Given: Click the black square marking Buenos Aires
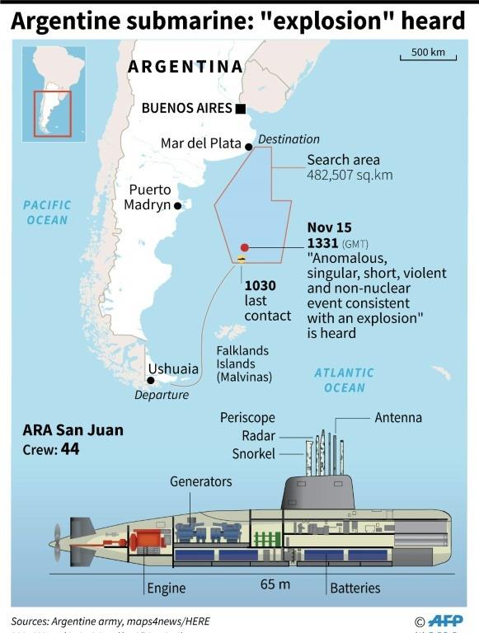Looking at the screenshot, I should (x=240, y=108).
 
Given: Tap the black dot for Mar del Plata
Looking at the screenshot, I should (x=249, y=148).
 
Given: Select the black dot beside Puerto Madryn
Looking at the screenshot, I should (x=177, y=205).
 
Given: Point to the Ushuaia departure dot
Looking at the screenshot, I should (x=150, y=380).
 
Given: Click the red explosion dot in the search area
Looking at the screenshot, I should (x=244, y=247).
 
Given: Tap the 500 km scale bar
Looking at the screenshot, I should (x=428, y=58).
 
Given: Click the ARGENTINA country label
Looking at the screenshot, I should (x=185, y=67).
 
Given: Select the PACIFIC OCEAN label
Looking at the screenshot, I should (x=47, y=212).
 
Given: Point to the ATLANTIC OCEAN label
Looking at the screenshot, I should (x=344, y=380).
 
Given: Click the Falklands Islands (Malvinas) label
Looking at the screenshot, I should (x=244, y=363).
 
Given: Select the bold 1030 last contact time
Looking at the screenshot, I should (x=260, y=285).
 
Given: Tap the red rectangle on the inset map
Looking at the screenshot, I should (x=52, y=114).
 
